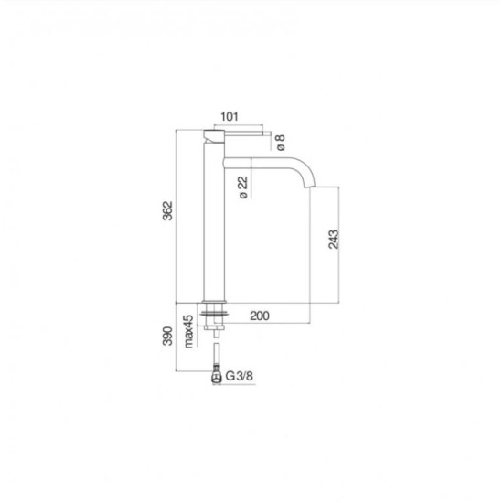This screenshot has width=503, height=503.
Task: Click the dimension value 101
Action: pyautogui.click(x=230, y=116)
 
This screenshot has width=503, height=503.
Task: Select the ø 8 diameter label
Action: pyautogui.click(x=281, y=143)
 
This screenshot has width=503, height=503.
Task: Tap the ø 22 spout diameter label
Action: pyautogui.click(x=243, y=187)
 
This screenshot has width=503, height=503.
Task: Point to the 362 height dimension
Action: pyautogui.click(x=167, y=210)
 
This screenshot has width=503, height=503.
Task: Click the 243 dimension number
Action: pyautogui.click(x=334, y=240)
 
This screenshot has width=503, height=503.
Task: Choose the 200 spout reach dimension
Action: pyautogui.click(x=260, y=316)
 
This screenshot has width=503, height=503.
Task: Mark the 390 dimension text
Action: pyautogui.click(x=167, y=336)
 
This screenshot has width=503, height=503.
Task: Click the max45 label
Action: pyautogui.click(x=188, y=331)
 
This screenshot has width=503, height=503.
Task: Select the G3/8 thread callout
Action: pyautogui.click(x=239, y=376)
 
